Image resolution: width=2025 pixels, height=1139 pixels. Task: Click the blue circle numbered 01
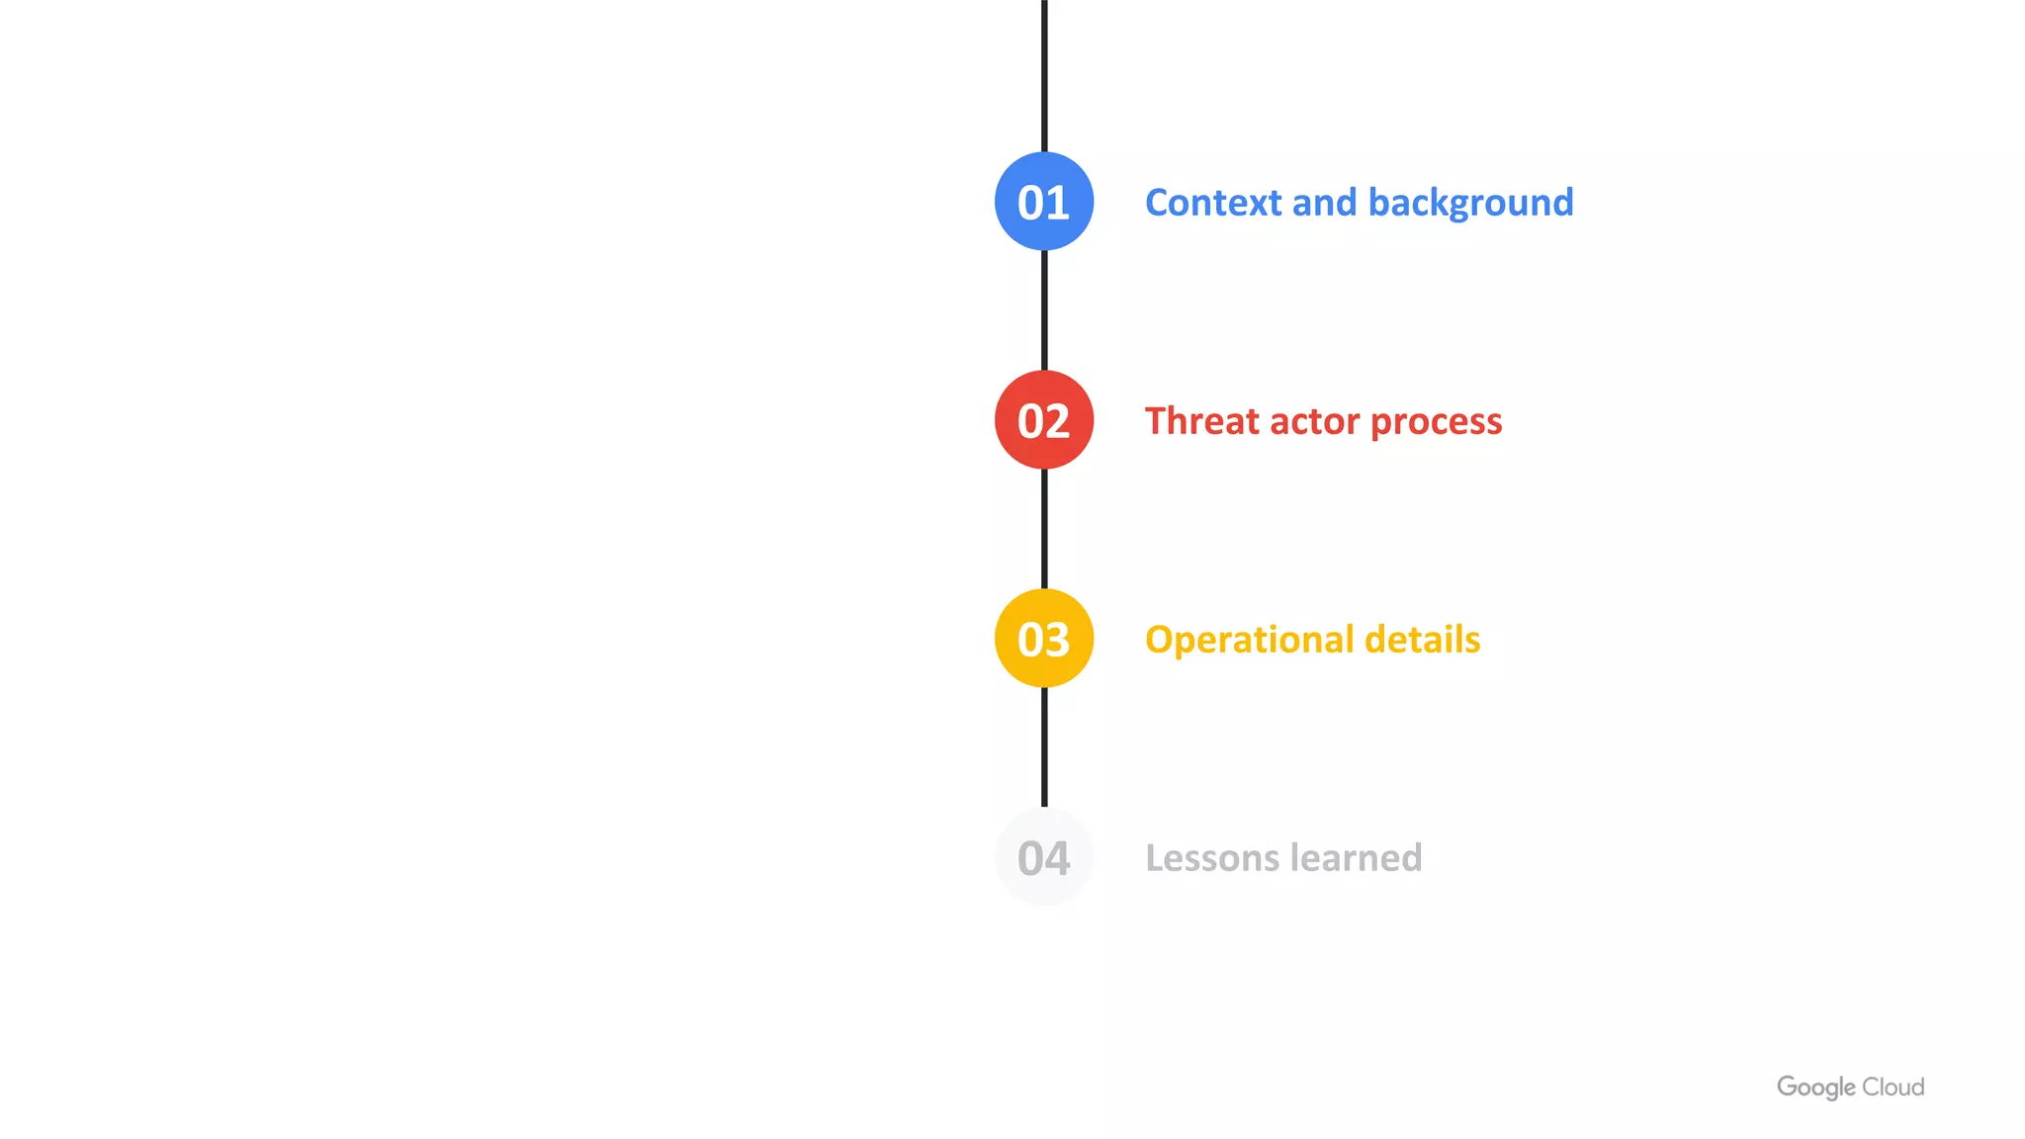[1044, 201]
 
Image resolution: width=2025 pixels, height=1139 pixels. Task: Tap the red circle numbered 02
[1044, 420]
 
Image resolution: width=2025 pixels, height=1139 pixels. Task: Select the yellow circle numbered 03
[1044, 639]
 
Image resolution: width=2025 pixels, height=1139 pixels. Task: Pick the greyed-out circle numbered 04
[1044, 857]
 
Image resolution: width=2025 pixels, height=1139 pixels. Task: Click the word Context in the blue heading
[1213, 203]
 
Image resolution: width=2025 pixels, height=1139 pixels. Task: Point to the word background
[1470, 203]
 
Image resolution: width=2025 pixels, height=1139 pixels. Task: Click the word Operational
[1249, 641]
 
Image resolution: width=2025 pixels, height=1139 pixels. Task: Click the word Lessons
[1212, 858]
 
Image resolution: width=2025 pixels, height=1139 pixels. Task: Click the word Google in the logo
[1815, 1088]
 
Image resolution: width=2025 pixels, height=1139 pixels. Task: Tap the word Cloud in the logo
[1893, 1087]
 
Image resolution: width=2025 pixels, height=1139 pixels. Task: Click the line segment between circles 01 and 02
[1044, 310]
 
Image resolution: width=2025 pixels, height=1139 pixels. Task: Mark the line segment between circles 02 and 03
[1044, 529]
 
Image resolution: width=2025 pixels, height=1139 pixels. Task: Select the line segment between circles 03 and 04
[1044, 747]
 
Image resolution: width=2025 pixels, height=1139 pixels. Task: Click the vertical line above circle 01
[1044, 74]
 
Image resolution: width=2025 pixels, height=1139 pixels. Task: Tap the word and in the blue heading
[1324, 203]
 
